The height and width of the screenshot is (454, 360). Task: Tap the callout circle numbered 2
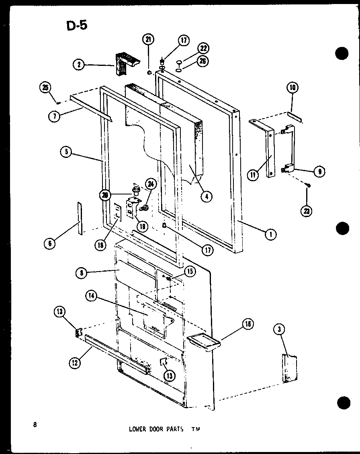(79, 64)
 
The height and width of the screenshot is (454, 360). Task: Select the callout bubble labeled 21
(148, 40)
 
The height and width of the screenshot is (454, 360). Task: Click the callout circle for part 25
(45, 87)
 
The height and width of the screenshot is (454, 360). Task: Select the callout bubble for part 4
(207, 196)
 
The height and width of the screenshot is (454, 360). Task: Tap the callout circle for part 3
(278, 329)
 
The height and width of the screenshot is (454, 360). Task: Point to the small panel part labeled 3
(290, 368)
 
